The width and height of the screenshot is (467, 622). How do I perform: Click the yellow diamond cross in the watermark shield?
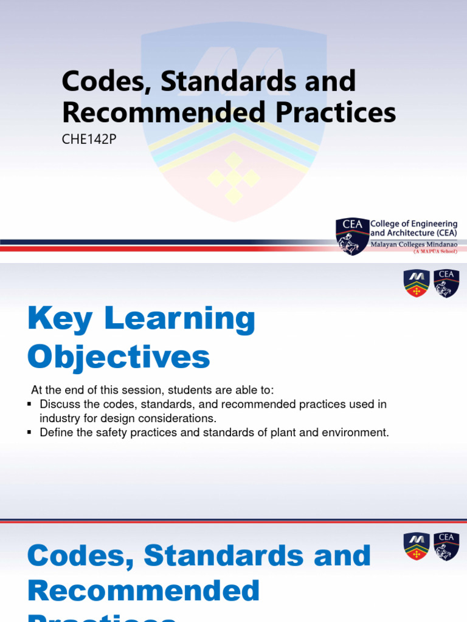click(233, 178)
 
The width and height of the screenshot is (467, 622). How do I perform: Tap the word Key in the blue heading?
click(57, 319)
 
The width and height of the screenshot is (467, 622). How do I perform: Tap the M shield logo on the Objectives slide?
click(417, 283)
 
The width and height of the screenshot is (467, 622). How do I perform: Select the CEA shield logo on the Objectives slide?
click(446, 283)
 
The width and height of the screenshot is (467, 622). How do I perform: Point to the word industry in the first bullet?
click(58, 418)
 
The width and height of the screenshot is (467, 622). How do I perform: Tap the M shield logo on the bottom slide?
click(417, 546)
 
